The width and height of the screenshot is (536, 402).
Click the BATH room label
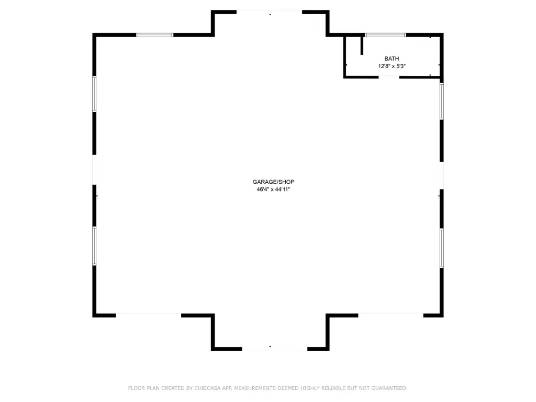tap(392, 59)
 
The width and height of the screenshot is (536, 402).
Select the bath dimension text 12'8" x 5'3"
tap(392, 66)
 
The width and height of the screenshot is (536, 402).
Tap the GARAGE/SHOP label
tap(273, 182)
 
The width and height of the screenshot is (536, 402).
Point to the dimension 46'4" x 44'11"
tap(273, 189)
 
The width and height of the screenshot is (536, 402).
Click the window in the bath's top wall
tap(385, 35)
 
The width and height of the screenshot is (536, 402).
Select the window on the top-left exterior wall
tap(154, 35)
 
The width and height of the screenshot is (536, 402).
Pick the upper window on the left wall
tap(94, 94)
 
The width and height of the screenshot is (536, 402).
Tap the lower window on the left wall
tap(94, 246)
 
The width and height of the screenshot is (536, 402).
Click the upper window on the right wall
tap(442, 101)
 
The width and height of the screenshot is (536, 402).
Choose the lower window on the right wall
tap(442, 248)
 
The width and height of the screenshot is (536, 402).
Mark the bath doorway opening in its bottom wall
tap(389, 77)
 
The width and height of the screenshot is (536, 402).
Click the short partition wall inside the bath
tap(362, 45)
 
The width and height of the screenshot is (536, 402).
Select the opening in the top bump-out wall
tap(269, 12)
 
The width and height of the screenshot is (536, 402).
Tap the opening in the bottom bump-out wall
tap(275, 349)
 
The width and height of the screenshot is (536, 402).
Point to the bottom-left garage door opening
tap(148, 315)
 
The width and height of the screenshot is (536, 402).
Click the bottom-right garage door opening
tap(390, 315)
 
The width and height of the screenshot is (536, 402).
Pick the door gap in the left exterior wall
tap(94, 170)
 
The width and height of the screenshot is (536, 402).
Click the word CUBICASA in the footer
tap(207, 388)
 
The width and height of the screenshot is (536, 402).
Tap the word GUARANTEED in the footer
tap(389, 388)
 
